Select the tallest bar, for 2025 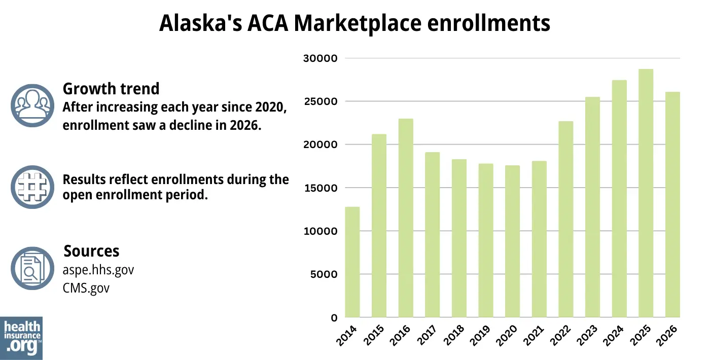coord(646,193)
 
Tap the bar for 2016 coord(406,218)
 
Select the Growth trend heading coord(111,89)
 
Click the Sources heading coord(91,251)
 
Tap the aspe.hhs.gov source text coord(98,270)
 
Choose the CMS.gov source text coord(86,288)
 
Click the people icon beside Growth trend coord(32,105)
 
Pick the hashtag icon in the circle coord(32,187)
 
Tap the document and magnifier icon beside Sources coord(32,269)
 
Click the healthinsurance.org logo coord(21,338)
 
